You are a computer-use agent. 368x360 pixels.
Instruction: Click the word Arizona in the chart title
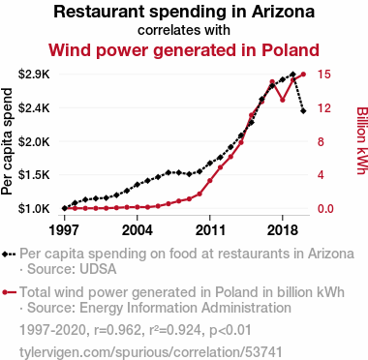click(x=283, y=12)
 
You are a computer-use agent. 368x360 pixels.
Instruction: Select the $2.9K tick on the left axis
click(x=34, y=75)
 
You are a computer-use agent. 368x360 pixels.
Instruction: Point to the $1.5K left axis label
click(x=34, y=175)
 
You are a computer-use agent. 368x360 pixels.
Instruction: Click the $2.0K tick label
click(x=34, y=141)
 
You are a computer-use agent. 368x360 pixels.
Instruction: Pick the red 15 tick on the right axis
click(x=324, y=75)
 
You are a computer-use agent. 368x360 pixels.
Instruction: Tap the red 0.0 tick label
click(x=325, y=209)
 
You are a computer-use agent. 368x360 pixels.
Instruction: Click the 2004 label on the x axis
click(x=138, y=230)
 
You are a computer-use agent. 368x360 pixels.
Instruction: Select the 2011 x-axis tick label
click(x=210, y=230)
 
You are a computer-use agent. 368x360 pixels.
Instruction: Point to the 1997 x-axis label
click(x=65, y=230)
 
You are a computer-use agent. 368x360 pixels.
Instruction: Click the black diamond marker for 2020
click(x=303, y=111)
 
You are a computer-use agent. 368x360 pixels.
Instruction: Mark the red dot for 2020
click(x=303, y=75)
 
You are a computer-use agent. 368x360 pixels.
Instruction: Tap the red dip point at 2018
click(x=283, y=100)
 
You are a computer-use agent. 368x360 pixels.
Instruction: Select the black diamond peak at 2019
click(x=292, y=75)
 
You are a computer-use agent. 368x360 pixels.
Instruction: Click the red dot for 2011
click(x=210, y=181)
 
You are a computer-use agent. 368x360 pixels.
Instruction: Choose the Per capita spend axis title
click(x=7, y=141)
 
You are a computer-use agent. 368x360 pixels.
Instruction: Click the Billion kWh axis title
click(x=362, y=140)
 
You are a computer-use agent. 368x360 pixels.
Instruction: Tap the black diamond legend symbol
click(x=9, y=254)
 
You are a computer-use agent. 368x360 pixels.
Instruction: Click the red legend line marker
click(x=9, y=292)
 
